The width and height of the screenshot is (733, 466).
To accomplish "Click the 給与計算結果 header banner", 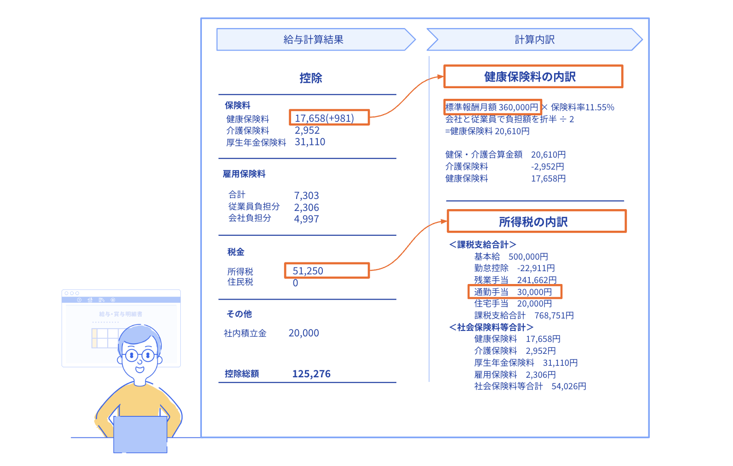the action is pyautogui.click(x=316, y=40).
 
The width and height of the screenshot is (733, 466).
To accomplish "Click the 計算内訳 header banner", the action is pyautogui.click(x=535, y=40).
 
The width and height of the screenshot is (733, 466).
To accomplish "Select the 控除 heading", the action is pyautogui.click(x=311, y=78).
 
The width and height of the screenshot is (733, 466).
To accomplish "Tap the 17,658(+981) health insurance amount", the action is pyautogui.click(x=329, y=117).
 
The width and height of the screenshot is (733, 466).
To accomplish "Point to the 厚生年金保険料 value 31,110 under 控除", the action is pyautogui.click(x=310, y=142).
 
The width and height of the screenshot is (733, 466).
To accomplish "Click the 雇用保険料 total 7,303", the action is pyautogui.click(x=306, y=195).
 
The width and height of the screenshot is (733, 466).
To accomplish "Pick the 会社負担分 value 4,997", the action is pyautogui.click(x=306, y=219).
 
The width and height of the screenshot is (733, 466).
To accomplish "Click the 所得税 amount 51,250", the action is pyautogui.click(x=327, y=270).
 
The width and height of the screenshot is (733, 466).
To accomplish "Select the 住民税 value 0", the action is pyautogui.click(x=295, y=283).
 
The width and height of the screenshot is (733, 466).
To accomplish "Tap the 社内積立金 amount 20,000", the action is pyautogui.click(x=304, y=333).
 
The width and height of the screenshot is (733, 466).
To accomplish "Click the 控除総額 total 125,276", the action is pyautogui.click(x=311, y=374).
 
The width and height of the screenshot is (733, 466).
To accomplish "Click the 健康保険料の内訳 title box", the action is pyautogui.click(x=533, y=77).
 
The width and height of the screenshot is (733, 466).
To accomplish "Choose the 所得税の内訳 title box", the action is pyautogui.click(x=537, y=222).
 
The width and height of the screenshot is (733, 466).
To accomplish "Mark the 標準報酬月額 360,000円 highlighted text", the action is pyautogui.click(x=492, y=107).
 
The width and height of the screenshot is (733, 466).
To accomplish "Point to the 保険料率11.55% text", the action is pyautogui.click(x=583, y=107).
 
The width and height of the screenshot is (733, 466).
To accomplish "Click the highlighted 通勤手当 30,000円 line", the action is pyautogui.click(x=515, y=292).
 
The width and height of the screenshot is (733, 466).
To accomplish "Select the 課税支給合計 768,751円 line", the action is pyautogui.click(x=524, y=316).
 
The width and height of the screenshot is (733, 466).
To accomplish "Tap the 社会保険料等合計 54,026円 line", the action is pyautogui.click(x=530, y=386).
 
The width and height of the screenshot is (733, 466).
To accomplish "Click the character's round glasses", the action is pyautogui.click(x=140, y=355).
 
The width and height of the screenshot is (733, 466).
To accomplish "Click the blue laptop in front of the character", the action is pyautogui.click(x=140, y=435).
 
